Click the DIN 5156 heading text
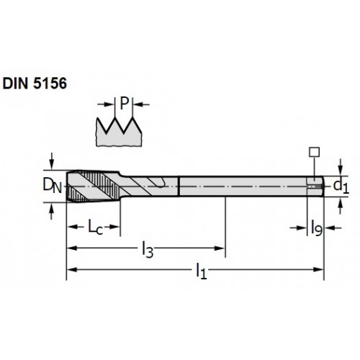(35, 84)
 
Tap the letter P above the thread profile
(124, 103)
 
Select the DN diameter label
(53, 186)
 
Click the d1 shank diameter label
(341, 186)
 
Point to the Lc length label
(95, 227)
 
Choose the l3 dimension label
(148, 250)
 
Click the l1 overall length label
(201, 271)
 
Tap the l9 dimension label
(316, 228)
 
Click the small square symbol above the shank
(314, 152)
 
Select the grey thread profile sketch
(119, 132)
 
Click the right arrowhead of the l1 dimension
(319, 269)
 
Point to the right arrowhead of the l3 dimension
(220, 248)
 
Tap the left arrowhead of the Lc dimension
(72, 227)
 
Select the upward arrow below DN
(51, 211)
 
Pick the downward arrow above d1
(340, 167)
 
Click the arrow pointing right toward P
(106, 104)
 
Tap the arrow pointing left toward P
(141, 104)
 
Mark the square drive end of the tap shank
(315, 186)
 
